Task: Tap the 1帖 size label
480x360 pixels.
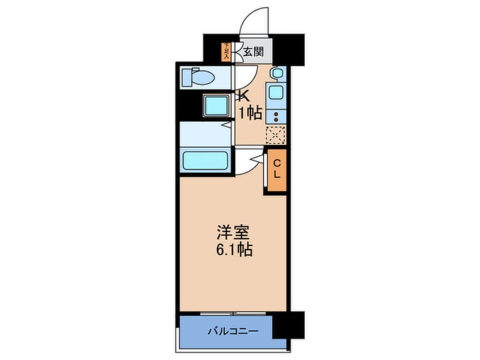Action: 250,113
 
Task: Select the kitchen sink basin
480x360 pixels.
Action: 277,93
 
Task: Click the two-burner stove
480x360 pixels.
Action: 277,116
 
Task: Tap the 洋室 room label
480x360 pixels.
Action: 233,232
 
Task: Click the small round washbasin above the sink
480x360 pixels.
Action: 276,73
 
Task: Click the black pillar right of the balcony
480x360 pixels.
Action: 288,325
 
